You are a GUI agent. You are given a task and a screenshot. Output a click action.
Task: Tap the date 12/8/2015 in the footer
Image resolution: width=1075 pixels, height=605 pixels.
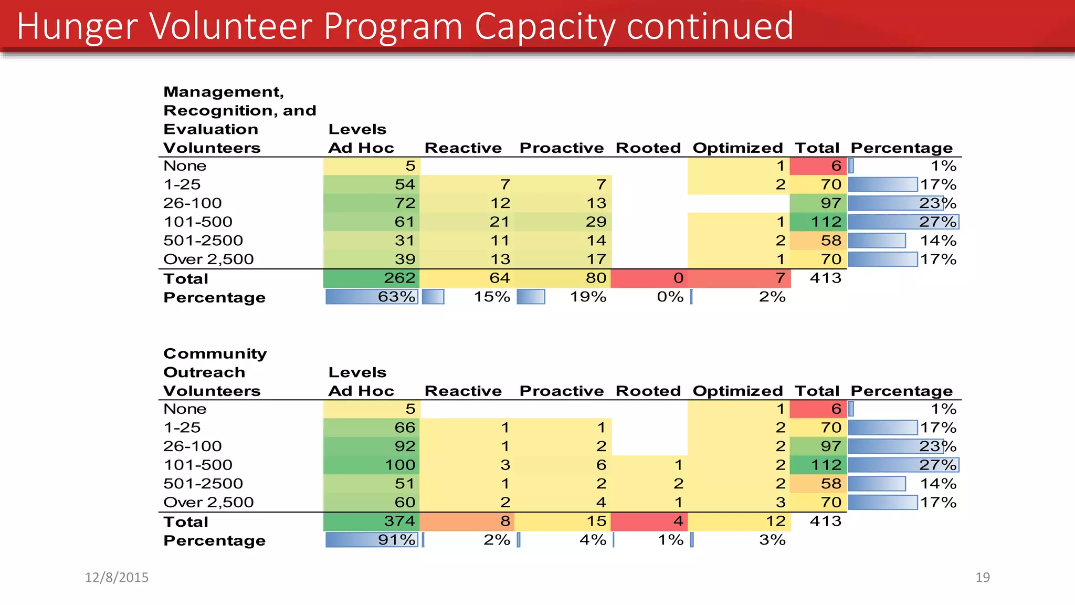117,577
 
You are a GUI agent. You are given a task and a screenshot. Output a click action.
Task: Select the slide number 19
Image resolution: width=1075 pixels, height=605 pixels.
982,577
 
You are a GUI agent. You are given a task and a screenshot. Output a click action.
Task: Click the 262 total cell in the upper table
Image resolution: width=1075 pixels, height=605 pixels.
372,278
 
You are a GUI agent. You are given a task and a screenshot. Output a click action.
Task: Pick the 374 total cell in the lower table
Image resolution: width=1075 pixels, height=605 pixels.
372,521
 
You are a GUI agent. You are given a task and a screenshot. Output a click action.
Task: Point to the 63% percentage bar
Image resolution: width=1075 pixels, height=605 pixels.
372,297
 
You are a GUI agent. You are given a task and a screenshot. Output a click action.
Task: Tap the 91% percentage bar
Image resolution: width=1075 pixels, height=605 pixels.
372,540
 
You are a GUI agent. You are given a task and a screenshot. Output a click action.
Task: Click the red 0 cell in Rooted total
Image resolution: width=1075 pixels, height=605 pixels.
649,278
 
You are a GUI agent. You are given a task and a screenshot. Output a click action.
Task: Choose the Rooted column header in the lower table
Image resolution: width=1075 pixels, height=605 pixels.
648,391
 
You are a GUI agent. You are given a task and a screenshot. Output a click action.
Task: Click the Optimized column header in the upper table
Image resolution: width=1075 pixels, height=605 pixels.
737,148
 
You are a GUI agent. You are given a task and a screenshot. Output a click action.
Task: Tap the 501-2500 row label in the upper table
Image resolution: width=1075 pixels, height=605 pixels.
203,241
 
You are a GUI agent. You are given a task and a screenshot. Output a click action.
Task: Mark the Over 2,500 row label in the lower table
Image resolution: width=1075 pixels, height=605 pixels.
208,502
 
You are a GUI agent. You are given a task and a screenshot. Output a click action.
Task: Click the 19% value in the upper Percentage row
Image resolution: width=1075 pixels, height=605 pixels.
588,297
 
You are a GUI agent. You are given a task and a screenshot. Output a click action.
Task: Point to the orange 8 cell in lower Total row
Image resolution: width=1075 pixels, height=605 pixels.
467,521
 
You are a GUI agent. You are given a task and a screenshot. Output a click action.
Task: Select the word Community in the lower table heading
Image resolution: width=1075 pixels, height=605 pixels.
215,353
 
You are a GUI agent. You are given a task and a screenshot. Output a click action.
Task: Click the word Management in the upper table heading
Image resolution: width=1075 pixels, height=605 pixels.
223,92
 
